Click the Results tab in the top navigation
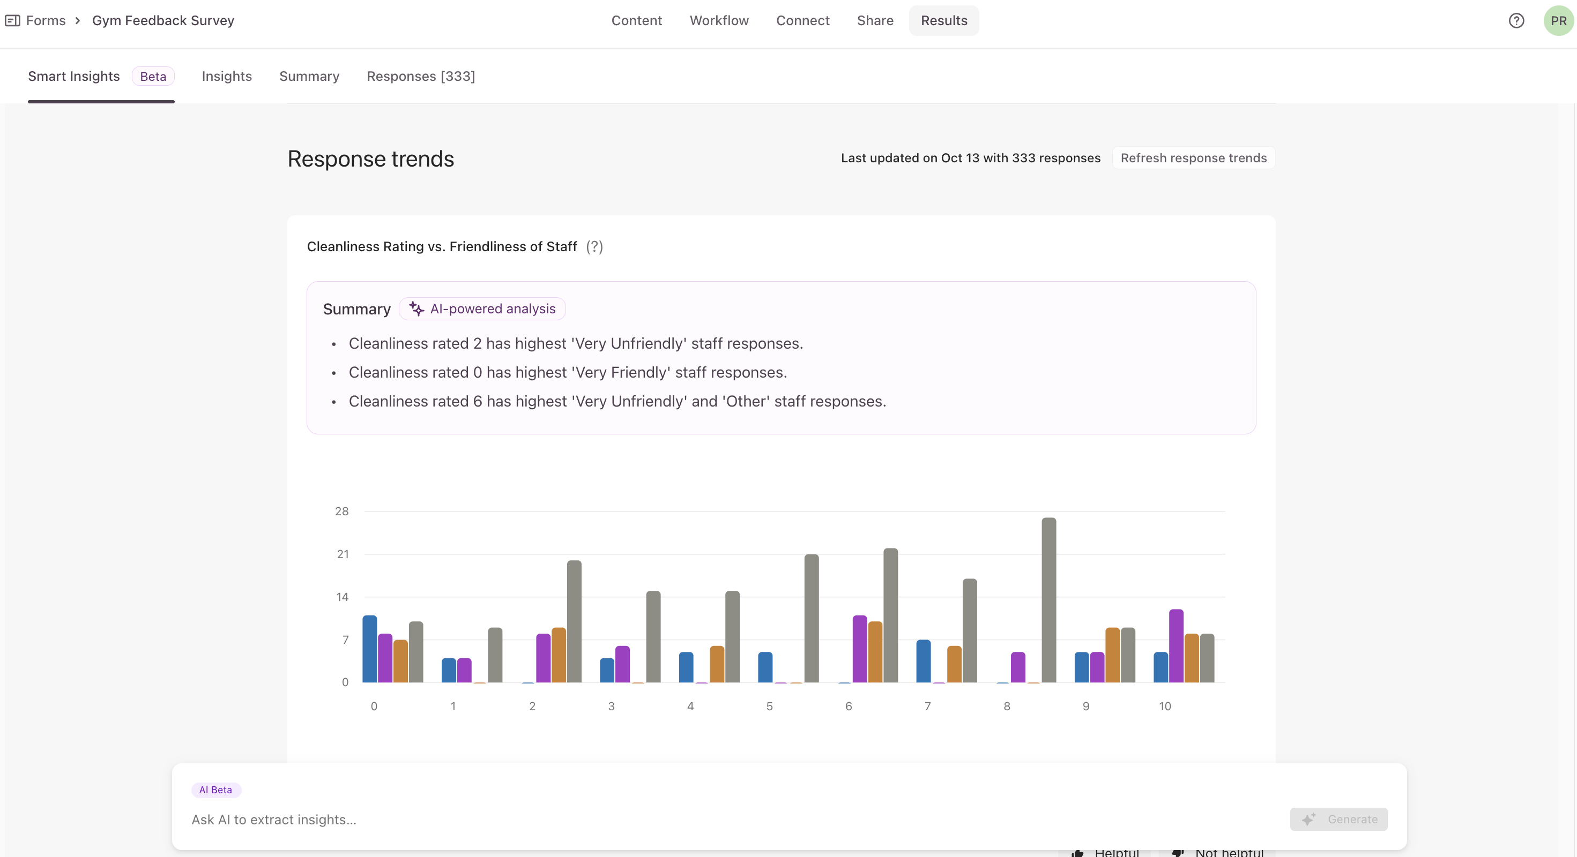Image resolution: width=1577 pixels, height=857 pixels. pyautogui.click(x=943, y=21)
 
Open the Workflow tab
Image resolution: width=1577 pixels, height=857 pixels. pyautogui.click(x=719, y=21)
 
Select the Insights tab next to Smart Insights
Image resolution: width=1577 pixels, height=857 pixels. pyautogui.click(x=227, y=77)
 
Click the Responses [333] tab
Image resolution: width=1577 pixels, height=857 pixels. pyautogui.click(x=421, y=77)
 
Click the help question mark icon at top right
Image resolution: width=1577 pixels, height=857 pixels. pyautogui.click(x=1516, y=21)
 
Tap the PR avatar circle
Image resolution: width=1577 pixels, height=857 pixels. pyautogui.click(x=1558, y=21)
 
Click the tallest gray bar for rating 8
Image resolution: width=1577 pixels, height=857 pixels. pyautogui.click(x=1048, y=599)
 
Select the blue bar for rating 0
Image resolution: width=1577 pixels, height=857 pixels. pyautogui.click(x=370, y=649)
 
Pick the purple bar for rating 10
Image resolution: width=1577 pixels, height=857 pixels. pyautogui.click(x=1176, y=645)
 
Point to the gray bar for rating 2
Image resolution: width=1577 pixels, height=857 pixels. pyautogui.click(x=574, y=621)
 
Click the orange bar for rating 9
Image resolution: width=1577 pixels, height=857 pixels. pyautogui.click(x=1112, y=655)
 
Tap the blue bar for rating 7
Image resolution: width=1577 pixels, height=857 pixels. pyautogui.click(x=923, y=660)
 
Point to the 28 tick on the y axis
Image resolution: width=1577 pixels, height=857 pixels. pyautogui.click(x=341, y=512)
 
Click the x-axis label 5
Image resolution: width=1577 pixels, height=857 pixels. pyautogui.click(x=770, y=706)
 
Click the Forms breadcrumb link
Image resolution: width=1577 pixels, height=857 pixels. pyautogui.click(x=46, y=21)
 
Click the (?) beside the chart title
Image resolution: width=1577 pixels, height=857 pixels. pyautogui.click(x=594, y=246)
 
